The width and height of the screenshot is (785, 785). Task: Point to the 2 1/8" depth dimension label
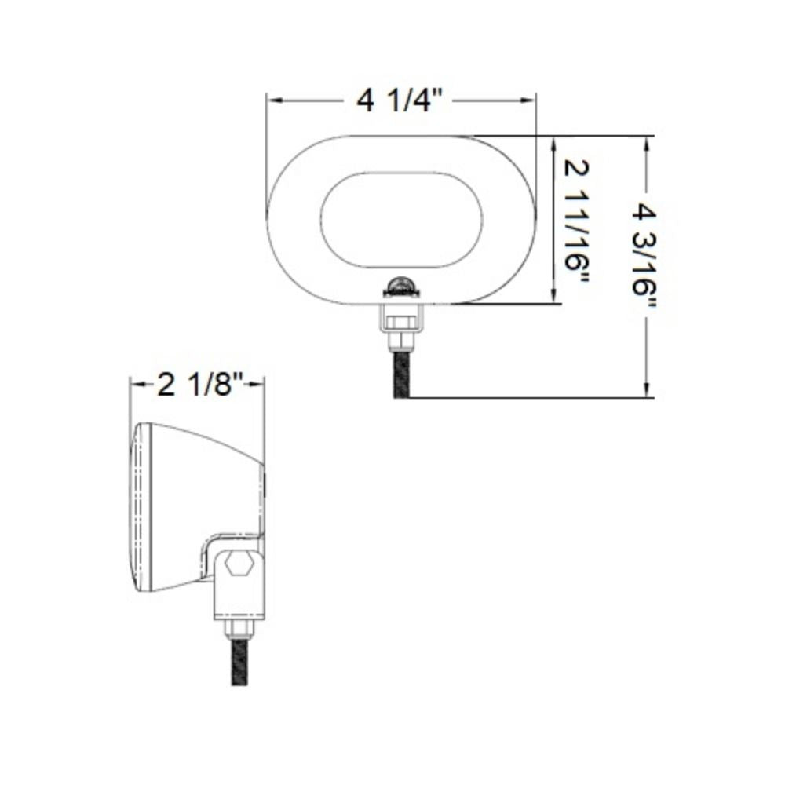[197, 385]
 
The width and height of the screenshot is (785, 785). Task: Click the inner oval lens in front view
[401, 220]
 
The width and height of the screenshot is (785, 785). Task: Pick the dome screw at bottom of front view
[401, 283]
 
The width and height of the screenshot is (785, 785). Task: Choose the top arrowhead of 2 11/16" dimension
[555, 142]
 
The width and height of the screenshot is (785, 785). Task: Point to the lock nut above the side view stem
[239, 628]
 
